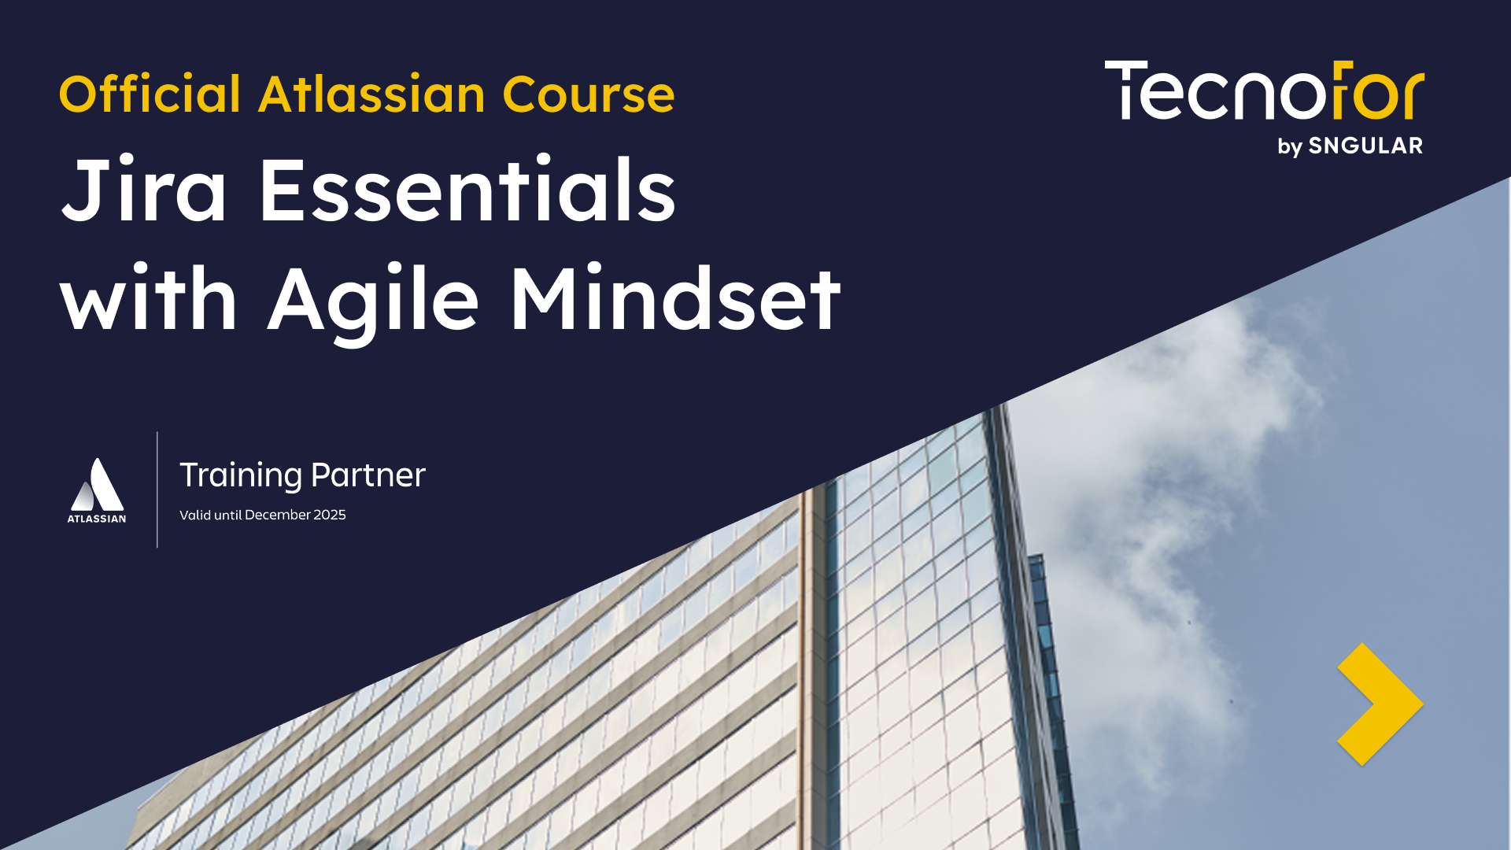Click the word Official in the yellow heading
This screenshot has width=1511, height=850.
[150, 94]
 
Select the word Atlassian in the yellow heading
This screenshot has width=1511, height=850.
[371, 94]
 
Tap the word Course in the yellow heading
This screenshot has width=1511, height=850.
[589, 94]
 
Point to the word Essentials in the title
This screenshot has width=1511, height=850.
[467, 191]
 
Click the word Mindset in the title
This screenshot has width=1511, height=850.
[676, 299]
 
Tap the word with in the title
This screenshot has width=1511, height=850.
[149, 299]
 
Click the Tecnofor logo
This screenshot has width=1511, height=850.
[1264, 91]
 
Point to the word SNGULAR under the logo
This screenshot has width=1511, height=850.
[1365, 146]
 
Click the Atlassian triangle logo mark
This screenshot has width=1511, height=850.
[98, 486]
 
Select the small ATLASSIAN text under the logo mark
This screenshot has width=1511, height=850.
[97, 519]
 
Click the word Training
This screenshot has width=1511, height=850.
[241, 475]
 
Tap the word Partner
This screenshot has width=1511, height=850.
[368, 475]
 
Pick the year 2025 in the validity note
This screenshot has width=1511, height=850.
[330, 515]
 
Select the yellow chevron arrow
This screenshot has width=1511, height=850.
[1379, 704]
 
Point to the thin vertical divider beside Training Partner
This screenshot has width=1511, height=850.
[157, 490]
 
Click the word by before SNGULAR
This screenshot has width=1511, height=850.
[1290, 147]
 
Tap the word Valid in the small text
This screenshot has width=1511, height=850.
[195, 515]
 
